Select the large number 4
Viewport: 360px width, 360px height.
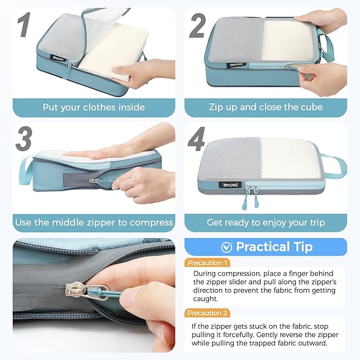(198, 139)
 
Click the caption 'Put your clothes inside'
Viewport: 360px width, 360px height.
(94, 107)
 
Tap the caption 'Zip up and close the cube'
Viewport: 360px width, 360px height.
(266, 107)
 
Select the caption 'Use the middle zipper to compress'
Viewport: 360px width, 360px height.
(94, 222)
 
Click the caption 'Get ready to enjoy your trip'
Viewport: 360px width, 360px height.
(266, 222)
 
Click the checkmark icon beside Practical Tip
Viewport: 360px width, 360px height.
(226, 247)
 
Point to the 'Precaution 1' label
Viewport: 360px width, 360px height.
(208, 262)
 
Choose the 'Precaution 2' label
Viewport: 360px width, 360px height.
(208, 313)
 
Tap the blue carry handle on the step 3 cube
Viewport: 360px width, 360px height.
(25, 169)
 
